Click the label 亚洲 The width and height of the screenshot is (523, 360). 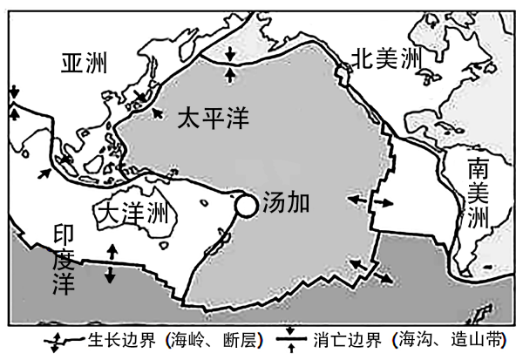84,63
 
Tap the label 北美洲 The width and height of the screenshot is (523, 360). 387,58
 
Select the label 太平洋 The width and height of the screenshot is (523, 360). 214,118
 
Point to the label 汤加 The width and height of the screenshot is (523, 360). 286,202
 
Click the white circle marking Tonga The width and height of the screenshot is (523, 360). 246,206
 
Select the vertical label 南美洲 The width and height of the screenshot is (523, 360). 478,194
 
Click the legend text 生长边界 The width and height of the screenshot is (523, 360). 122,340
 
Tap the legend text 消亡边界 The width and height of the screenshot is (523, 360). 347,340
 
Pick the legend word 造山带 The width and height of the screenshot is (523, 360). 477,340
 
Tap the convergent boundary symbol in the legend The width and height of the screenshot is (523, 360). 291,340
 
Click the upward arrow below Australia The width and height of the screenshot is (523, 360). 112,252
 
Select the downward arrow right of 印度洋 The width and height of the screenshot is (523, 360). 110,275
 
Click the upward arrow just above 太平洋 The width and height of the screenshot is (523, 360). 230,75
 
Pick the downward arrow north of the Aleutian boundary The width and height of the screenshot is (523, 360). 230,54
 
